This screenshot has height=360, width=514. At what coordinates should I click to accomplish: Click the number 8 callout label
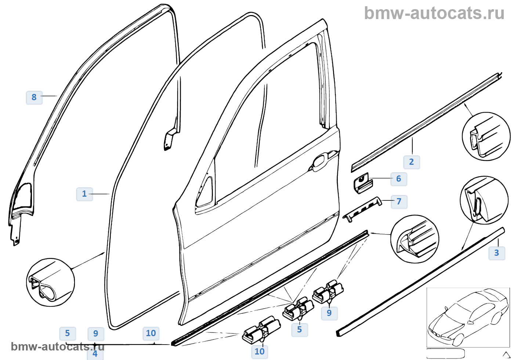[34, 97]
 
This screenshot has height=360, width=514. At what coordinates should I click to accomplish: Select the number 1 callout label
[84, 194]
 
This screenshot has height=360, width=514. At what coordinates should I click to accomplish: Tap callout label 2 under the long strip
[411, 162]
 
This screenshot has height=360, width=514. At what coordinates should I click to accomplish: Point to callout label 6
[398, 179]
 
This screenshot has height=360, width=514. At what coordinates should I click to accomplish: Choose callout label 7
[399, 201]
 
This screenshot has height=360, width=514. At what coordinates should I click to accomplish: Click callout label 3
[496, 253]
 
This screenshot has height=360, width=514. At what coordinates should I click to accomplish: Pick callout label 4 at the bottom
[95, 354]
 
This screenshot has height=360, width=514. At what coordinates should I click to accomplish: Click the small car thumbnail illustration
[468, 317]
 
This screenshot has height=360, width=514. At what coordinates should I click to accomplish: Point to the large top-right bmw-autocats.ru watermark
[434, 13]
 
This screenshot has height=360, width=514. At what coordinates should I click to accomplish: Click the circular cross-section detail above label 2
[486, 136]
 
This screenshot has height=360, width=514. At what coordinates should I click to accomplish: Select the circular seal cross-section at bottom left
[51, 282]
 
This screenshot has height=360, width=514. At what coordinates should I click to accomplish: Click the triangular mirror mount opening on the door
[206, 192]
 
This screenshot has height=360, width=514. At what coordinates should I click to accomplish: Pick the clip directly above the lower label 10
[261, 330]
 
